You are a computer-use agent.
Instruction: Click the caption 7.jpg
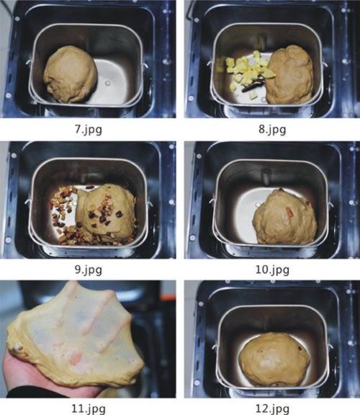[x=89, y=130]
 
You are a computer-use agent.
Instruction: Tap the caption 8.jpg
[x=272, y=130]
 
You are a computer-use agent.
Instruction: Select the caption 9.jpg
[x=89, y=269]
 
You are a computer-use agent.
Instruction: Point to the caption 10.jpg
[x=272, y=269]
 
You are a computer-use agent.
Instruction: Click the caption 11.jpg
[x=89, y=409]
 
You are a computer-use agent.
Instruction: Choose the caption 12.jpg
[x=272, y=409]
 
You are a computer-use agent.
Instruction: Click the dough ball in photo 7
[x=71, y=74]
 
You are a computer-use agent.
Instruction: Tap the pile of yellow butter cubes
[x=247, y=71]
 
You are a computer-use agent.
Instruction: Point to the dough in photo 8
[x=289, y=75]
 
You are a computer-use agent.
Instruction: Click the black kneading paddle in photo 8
[x=253, y=85]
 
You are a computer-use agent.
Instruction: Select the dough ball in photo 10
[x=285, y=218]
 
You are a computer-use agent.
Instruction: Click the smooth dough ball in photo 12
[x=274, y=359]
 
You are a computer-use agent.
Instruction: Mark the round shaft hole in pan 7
[x=108, y=84]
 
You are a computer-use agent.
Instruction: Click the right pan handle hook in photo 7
[x=145, y=66]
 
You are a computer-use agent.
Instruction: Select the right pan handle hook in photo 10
[x=330, y=205]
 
